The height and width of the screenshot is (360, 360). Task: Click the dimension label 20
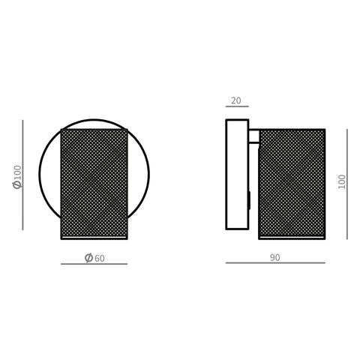pyautogui.click(x=236, y=100)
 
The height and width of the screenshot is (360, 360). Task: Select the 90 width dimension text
pyautogui.click(x=275, y=258)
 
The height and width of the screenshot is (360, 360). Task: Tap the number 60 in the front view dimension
pyautogui.click(x=100, y=259)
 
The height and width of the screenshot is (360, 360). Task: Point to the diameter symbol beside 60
pyautogui.click(x=88, y=258)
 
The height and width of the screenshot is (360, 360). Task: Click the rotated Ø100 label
pyautogui.click(x=17, y=177)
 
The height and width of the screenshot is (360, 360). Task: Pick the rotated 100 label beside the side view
pyautogui.click(x=342, y=181)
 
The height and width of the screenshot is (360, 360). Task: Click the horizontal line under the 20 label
pyautogui.click(x=237, y=106)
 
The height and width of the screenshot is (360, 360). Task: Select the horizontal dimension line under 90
pyautogui.click(x=275, y=262)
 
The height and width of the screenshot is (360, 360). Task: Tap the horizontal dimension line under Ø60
pyautogui.click(x=94, y=264)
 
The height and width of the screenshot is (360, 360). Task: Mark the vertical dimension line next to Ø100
pyautogui.click(x=22, y=175)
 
